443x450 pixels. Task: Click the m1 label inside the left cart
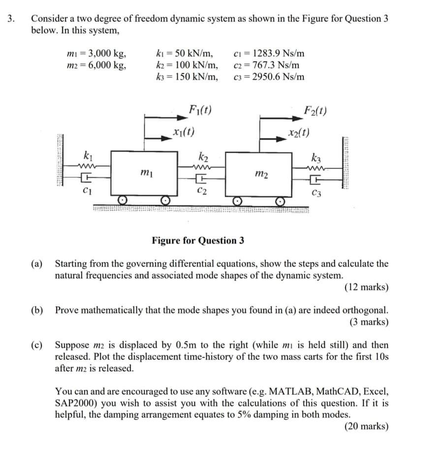pyautogui.click(x=145, y=173)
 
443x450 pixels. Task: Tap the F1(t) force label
pyautogui.click(x=200, y=109)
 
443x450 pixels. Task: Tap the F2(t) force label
pyautogui.click(x=316, y=109)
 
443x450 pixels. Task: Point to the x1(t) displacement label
pyautogui.click(x=184, y=131)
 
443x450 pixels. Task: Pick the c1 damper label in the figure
pyautogui.click(x=88, y=190)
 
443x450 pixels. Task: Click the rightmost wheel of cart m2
pyautogui.click(x=280, y=201)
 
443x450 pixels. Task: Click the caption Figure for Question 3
pyautogui.click(x=198, y=240)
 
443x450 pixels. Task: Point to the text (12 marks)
pyautogui.click(x=366, y=287)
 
